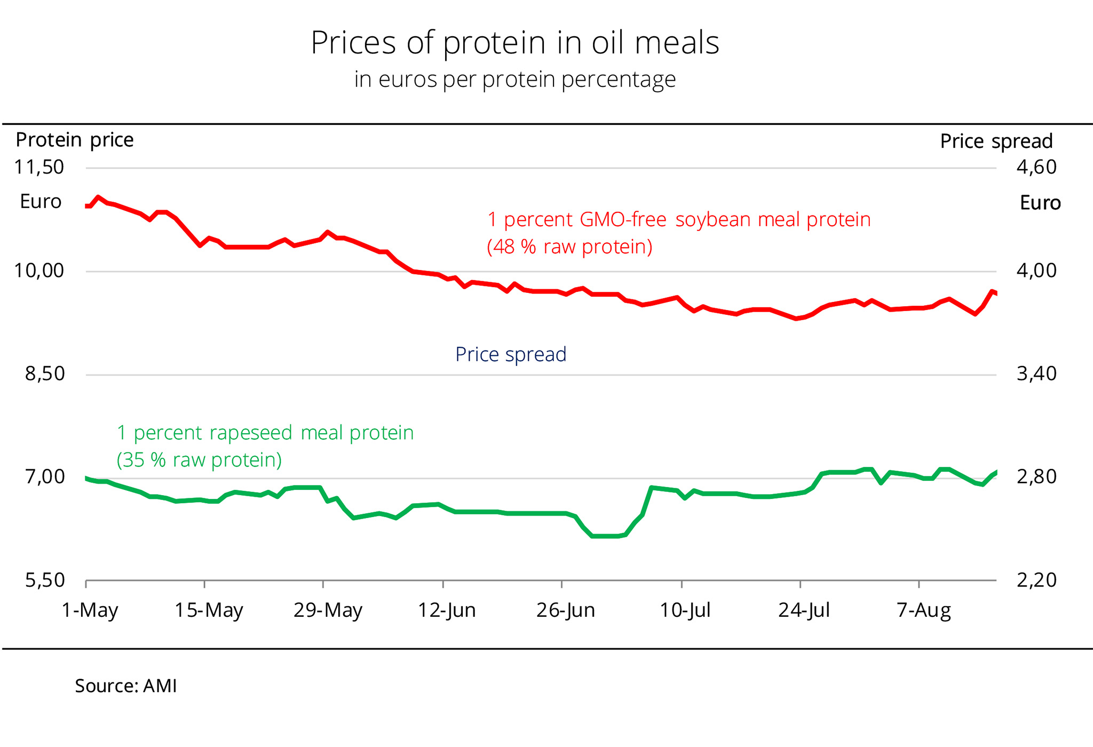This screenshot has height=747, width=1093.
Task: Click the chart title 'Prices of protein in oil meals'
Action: [x=515, y=43]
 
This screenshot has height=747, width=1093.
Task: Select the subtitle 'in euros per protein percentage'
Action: [x=515, y=80]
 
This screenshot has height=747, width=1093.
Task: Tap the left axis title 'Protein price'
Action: [x=75, y=140]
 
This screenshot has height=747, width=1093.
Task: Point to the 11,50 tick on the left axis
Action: [x=39, y=167]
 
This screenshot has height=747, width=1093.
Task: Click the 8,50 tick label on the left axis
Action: [x=45, y=373]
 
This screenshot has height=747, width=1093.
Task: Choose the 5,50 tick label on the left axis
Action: [x=45, y=580]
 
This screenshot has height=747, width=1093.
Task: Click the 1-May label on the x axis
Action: [x=90, y=610]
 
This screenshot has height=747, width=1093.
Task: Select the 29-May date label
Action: [x=328, y=610]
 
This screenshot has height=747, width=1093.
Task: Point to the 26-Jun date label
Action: [x=566, y=610]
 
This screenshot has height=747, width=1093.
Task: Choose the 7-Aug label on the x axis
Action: [x=924, y=610]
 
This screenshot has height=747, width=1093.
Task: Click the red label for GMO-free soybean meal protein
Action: [x=678, y=233]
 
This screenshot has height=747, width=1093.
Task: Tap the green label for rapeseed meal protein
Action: [x=265, y=446]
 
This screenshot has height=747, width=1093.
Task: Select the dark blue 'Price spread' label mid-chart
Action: [x=511, y=354]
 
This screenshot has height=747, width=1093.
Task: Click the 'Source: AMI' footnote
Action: [x=125, y=686]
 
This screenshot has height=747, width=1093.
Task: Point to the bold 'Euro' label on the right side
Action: [x=1040, y=203]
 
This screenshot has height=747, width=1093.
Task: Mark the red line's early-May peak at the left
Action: [x=98, y=197]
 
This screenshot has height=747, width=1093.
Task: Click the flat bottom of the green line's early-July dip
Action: [x=606, y=536]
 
